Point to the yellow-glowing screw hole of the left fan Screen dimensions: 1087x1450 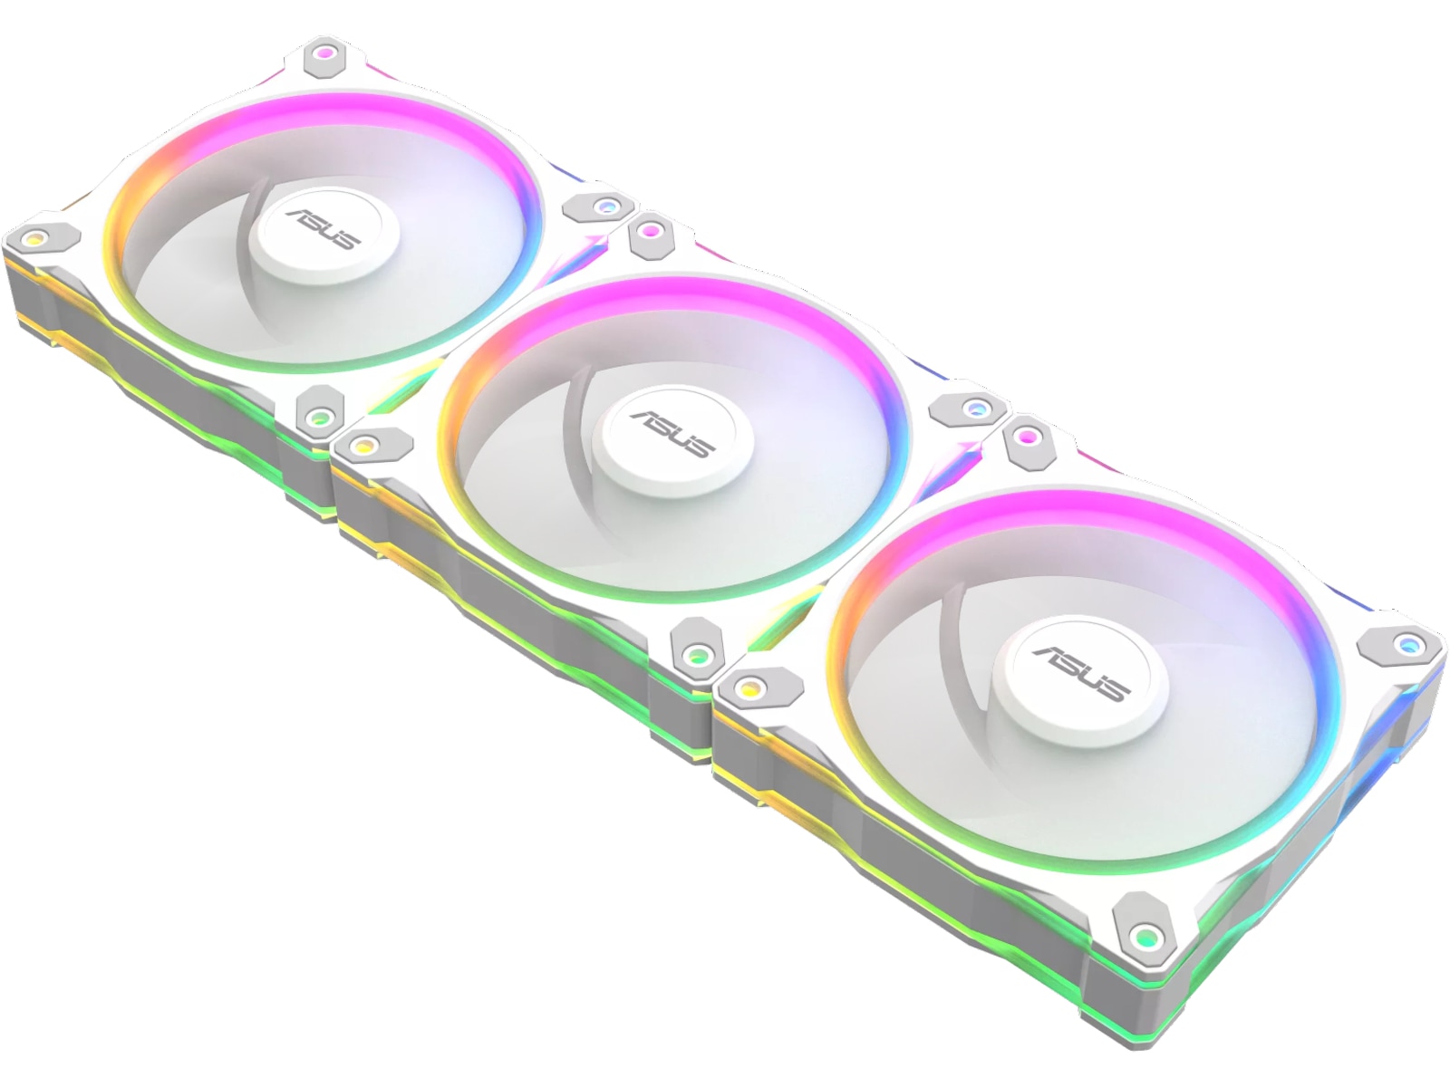pyautogui.click(x=35, y=239)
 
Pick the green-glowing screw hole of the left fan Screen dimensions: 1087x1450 pyautogui.click(x=318, y=417)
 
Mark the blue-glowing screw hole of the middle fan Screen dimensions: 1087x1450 pyautogui.click(x=974, y=409)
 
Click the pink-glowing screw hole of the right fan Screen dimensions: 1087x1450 pyautogui.click(x=1026, y=438)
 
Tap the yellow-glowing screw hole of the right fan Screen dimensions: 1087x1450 pyautogui.click(x=749, y=688)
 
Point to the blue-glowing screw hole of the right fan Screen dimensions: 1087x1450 pyautogui.click(x=1406, y=645)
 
